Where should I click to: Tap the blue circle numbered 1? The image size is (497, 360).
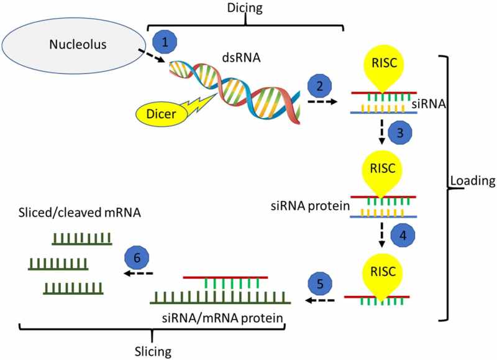[x=165, y=42]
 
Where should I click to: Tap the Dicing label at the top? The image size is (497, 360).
[x=245, y=9]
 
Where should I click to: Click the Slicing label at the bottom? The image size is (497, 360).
[x=152, y=351]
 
